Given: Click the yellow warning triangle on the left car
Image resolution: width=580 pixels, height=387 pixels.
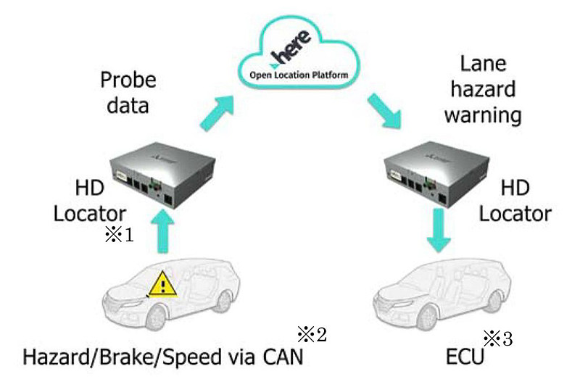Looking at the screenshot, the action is [163, 285].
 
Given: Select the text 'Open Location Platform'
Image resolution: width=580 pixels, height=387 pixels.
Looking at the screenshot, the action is [299, 75].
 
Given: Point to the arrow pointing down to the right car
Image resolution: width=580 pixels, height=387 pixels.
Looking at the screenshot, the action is [439, 230].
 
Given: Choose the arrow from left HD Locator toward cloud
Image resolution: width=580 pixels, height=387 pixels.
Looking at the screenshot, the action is [217, 112].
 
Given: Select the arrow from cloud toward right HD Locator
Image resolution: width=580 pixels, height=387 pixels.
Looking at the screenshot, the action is [384, 111].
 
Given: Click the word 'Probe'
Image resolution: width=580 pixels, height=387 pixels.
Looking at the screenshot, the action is [128, 80].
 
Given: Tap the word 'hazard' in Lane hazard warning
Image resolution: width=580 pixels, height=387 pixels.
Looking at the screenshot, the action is [483, 89].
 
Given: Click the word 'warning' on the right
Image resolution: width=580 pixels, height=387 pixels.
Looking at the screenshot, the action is [483, 116].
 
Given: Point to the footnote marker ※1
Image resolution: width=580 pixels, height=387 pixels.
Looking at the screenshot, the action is [119, 234].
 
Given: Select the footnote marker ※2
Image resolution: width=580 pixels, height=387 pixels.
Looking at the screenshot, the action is [312, 334].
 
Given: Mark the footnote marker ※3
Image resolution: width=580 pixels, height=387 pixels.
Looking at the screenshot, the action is [498, 338].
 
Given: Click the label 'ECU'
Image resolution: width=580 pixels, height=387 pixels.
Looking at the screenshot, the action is [465, 357].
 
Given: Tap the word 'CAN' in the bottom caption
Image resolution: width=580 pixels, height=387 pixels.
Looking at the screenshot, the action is [283, 357].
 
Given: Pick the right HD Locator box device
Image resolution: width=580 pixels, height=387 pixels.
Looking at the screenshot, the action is [437, 175].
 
